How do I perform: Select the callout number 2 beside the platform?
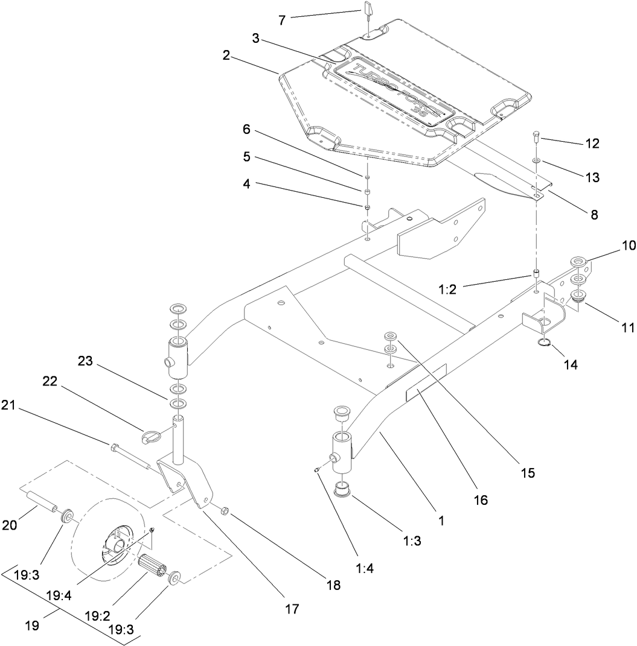click(226, 56)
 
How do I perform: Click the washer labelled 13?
click(536, 161)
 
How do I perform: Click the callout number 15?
click(528, 473)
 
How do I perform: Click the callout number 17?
click(292, 609)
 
